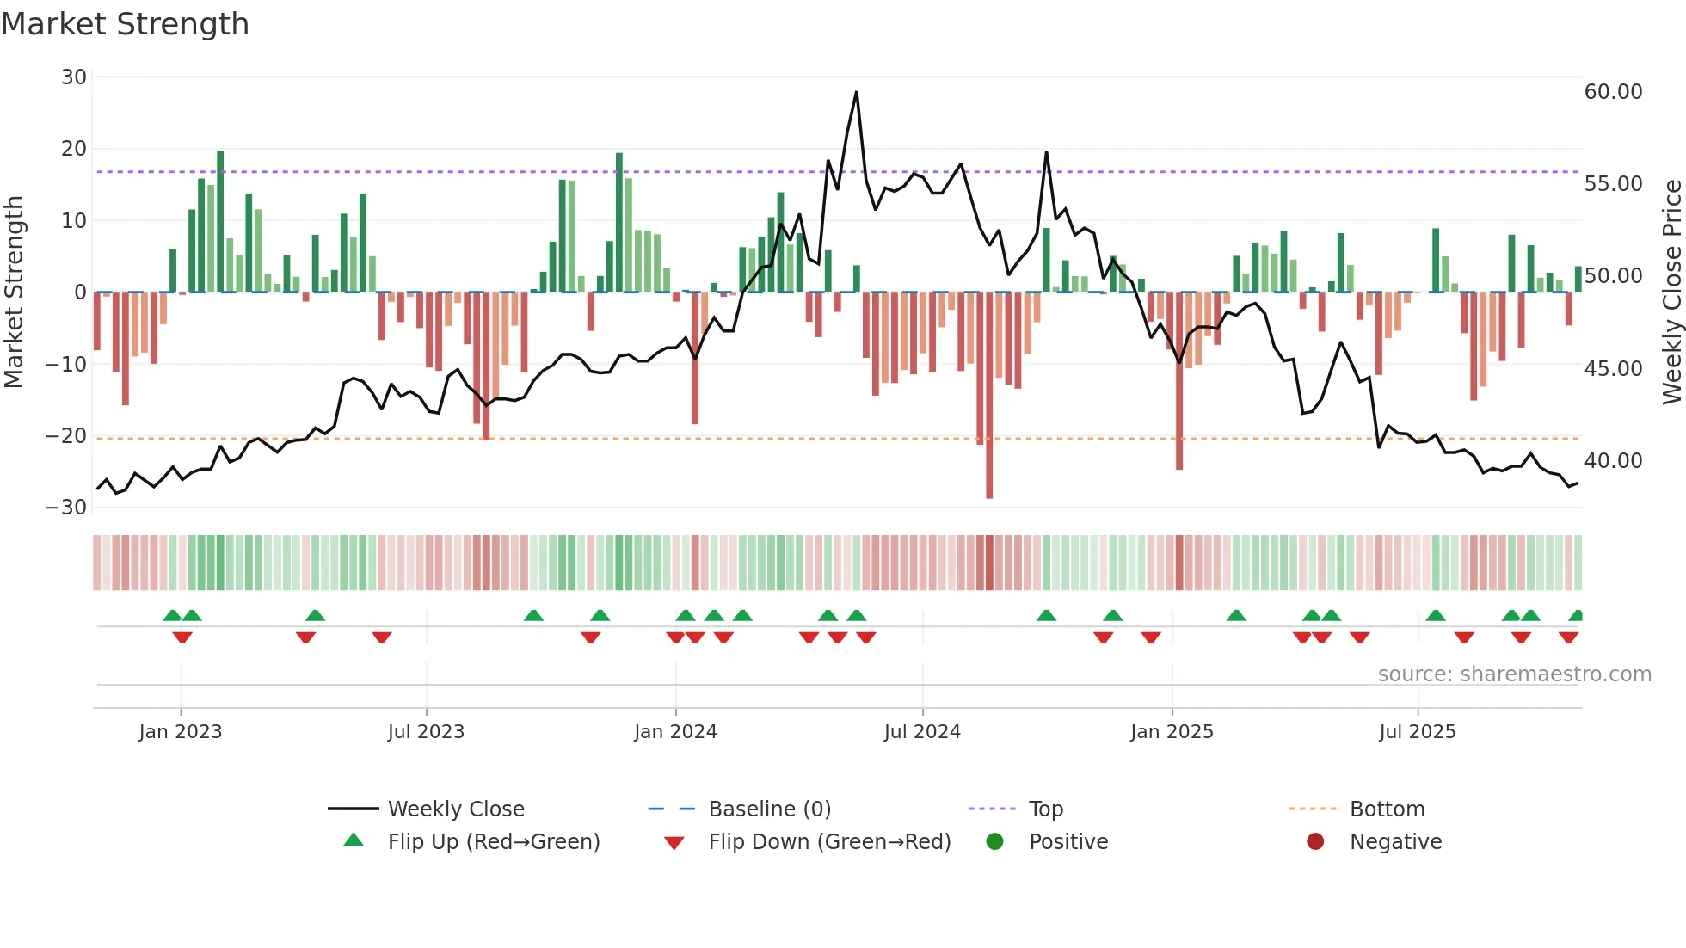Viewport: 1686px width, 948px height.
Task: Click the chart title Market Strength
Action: [125, 24]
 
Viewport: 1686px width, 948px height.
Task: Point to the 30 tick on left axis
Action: [74, 77]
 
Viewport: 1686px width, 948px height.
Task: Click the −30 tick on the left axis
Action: [66, 508]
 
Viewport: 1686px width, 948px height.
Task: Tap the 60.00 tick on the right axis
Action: [1613, 92]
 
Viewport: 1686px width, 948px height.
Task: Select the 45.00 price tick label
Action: [1613, 369]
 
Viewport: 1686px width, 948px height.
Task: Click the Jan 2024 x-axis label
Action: [675, 732]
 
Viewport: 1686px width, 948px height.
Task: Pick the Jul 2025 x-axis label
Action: [1417, 732]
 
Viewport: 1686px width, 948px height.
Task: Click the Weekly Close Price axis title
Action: [1671, 292]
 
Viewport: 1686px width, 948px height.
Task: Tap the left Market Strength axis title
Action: [14, 292]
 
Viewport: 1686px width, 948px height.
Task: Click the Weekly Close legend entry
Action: [455, 809]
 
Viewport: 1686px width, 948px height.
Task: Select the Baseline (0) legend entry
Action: [769, 809]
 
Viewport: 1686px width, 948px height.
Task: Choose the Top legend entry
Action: [1045, 809]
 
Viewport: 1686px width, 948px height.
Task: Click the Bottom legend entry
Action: [1387, 809]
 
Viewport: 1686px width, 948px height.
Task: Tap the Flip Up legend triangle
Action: [354, 840]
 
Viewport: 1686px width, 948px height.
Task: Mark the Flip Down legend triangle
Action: [674, 843]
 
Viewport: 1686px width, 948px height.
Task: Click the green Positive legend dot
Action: [994, 842]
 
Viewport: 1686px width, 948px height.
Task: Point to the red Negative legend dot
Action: [1315, 842]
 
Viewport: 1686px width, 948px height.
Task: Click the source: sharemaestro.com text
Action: [1514, 674]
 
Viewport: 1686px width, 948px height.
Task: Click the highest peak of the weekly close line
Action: [856, 93]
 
